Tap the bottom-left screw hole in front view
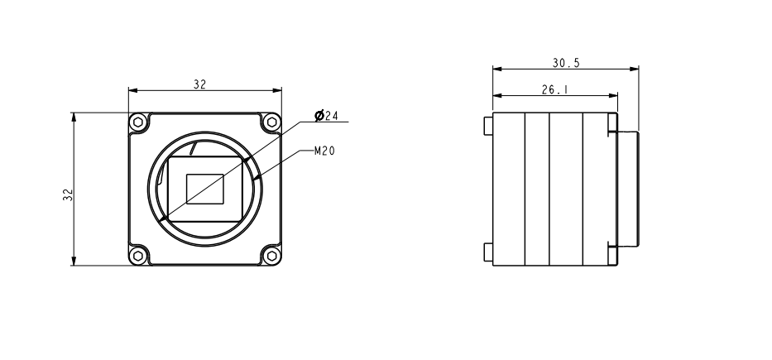click(x=140, y=253)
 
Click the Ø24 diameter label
click(x=327, y=116)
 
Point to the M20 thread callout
click(x=324, y=151)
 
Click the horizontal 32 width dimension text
click(x=199, y=84)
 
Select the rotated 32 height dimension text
click(x=68, y=194)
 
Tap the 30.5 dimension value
click(x=566, y=62)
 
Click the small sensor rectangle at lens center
click(x=204, y=188)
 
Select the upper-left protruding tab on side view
click(x=487, y=125)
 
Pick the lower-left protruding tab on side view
click(x=487, y=252)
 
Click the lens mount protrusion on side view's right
click(x=629, y=189)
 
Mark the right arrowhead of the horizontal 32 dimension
click(x=279, y=91)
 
